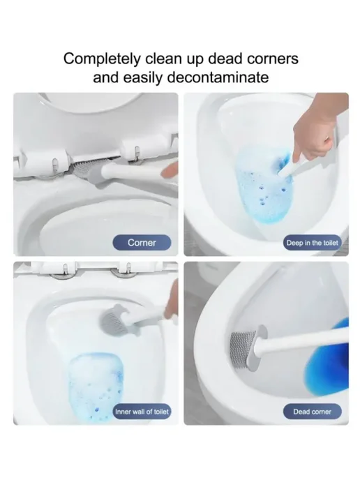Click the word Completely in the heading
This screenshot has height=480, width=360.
[102, 59]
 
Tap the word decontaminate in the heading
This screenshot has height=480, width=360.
[218, 77]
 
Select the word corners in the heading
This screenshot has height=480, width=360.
[273, 58]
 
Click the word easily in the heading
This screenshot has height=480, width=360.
[143, 77]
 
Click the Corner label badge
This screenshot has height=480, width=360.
[142, 243]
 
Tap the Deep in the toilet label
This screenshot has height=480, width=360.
[313, 243]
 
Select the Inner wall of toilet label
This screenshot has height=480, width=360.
[142, 412]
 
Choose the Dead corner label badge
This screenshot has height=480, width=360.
[313, 412]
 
